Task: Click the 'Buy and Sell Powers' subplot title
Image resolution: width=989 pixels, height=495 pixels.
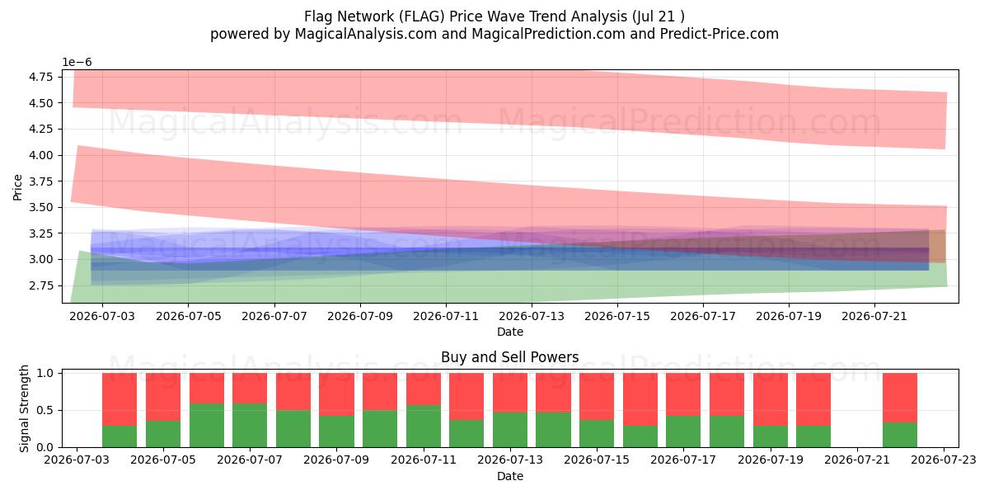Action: click(509, 356)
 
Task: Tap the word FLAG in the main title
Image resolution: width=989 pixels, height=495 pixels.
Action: click(423, 16)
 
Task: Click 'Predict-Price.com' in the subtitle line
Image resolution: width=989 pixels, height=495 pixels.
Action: click(719, 34)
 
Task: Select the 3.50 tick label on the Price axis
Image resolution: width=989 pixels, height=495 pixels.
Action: click(40, 207)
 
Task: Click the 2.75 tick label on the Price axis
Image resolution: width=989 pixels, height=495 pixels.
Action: click(40, 285)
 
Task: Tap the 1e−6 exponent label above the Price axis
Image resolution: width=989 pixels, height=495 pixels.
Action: click(77, 63)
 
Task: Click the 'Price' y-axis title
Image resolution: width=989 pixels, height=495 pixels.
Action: click(17, 187)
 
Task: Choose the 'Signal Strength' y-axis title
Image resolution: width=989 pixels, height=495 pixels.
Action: click(24, 409)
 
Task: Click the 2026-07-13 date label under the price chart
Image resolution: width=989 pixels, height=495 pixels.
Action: click(532, 317)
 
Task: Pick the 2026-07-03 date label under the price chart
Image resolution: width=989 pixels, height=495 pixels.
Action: click(102, 317)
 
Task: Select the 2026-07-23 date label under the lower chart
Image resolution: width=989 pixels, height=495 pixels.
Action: click(944, 460)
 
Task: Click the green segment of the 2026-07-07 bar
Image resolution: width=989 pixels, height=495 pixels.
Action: click(250, 425)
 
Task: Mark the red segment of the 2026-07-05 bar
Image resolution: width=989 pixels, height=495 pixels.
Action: click(163, 397)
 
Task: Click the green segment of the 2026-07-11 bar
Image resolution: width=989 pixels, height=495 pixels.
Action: click(424, 426)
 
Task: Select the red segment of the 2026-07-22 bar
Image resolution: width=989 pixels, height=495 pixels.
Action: click(900, 398)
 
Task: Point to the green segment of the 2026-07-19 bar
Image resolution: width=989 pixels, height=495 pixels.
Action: click(771, 436)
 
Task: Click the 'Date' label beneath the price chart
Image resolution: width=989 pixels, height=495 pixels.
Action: click(510, 332)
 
